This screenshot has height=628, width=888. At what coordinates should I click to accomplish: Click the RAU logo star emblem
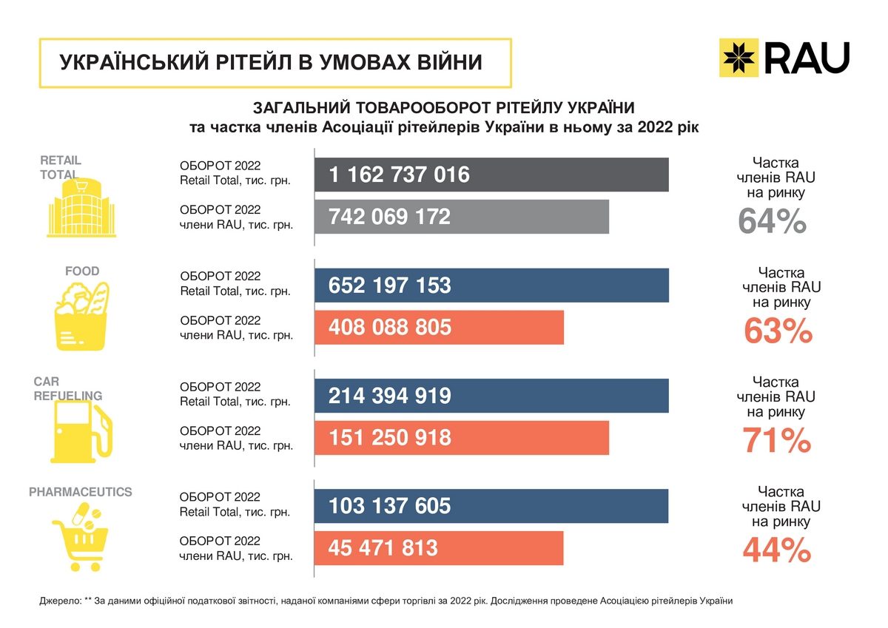[739, 58]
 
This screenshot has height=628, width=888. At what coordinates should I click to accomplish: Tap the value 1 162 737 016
[400, 175]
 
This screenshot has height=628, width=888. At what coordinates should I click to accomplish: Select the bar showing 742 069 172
[461, 217]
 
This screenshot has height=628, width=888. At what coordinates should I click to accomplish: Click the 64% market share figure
[772, 222]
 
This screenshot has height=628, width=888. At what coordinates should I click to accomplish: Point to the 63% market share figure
[778, 332]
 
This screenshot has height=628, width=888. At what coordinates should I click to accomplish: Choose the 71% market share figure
[777, 442]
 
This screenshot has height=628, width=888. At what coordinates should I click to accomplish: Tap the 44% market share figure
[777, 550]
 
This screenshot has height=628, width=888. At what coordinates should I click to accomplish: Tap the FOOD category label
[82, 271]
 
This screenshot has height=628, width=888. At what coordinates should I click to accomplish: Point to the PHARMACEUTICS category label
[81, 492]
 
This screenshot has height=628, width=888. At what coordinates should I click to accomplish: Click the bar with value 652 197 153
[491, 286]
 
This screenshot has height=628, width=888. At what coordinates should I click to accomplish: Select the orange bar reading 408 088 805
[439, 327]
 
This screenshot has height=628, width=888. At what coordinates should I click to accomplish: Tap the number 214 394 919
[390, 396]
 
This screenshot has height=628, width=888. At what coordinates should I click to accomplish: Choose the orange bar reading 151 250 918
[461, 437]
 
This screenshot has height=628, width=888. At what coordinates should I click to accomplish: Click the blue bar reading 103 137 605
[491, 506]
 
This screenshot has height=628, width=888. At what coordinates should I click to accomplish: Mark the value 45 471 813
[384, 548]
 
